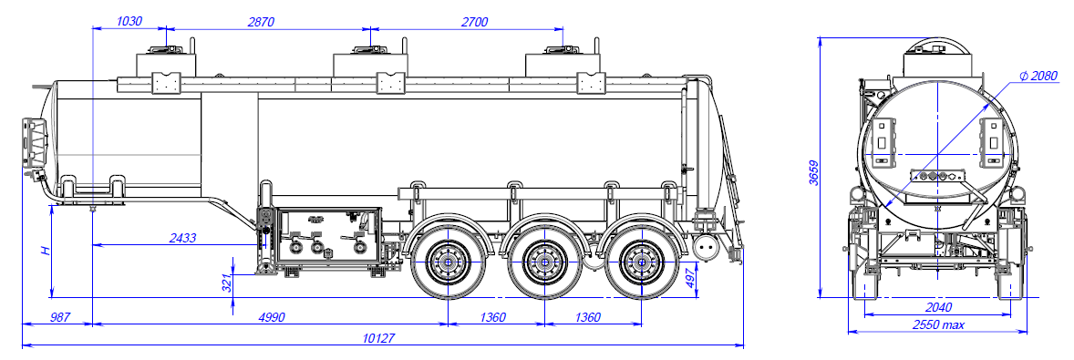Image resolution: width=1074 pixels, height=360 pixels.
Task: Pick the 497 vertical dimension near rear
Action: pyautogui.click(x=690, y=275)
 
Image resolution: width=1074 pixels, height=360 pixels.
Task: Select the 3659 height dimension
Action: pyautogui.click(x=813, y=172)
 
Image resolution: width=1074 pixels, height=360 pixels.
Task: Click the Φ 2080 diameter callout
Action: pyautogui.click(x=1038, y=76)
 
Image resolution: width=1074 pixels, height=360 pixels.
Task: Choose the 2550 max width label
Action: pyautogui.click(x=937, y=324)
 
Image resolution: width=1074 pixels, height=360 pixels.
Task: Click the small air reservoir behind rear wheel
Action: pyautogui.click(x=705, y=249)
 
